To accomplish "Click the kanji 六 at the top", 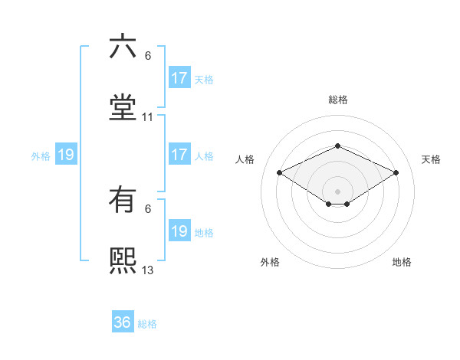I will click(123, 47).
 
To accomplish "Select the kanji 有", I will click(123, 201).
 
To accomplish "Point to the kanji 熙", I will click(123, 260).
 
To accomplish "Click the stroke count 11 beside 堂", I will click(148, 118).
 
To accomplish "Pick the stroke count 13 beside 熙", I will click(148, 270).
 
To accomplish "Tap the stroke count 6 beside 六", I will click(148, 57).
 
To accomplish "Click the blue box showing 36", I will click(123, 322).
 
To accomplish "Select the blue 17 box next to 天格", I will click(179, 78).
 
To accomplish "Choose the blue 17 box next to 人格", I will click(179, 155).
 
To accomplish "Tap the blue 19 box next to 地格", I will click(179, 231).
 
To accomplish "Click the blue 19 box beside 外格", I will click(66, 155).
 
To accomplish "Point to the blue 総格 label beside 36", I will click(147, 324).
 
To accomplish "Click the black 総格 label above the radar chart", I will click(337, 100).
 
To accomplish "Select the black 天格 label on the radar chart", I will click(431, 159).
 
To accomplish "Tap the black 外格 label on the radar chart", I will click(270, 262).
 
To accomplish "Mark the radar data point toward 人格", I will click(280, 172).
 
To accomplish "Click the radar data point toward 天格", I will click(396, 172).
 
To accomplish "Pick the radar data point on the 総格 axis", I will click(337, 146).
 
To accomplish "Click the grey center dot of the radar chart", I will click(337, 191).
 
